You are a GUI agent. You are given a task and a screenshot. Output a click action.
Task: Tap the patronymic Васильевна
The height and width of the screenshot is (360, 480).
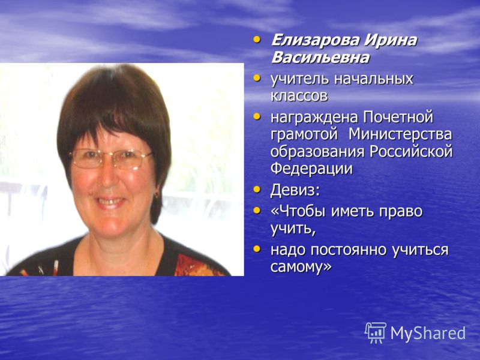pyautogui.click(x=320, y=58)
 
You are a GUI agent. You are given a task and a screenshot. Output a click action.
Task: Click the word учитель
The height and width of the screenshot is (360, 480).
pyautogui.click(x=299, y=79)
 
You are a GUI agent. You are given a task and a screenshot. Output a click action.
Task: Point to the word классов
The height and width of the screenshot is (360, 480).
pyautogui.click(x=299, y=96)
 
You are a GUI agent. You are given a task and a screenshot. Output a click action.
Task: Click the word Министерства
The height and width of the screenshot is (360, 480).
pyautogui.click(x=401, y=134)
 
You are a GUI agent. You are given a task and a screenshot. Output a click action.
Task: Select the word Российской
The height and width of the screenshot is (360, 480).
pyautogui.click(x=411, y=152)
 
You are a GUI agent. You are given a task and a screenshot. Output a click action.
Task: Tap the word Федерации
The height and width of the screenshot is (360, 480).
pyautogui.click(x=311, y=169)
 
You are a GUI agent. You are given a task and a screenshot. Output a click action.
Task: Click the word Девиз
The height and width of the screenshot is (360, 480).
pyautogui.click(x=295, y=190)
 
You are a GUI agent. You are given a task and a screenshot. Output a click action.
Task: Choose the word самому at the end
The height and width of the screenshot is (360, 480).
pyautogui.click(x=301, y=267)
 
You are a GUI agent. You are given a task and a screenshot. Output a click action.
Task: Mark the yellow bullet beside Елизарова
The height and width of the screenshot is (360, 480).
pyautogui.click(x=257, y=40)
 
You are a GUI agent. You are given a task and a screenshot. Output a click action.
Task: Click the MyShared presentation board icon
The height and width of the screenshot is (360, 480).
pyautogui.click(x=376, y=332)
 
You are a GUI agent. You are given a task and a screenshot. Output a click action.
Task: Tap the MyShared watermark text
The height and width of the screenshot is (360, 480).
pyautogui.click(x=428, y=334)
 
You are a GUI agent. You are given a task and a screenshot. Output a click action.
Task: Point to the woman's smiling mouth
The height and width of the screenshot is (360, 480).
pyautogui.click(x=110, y=202)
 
